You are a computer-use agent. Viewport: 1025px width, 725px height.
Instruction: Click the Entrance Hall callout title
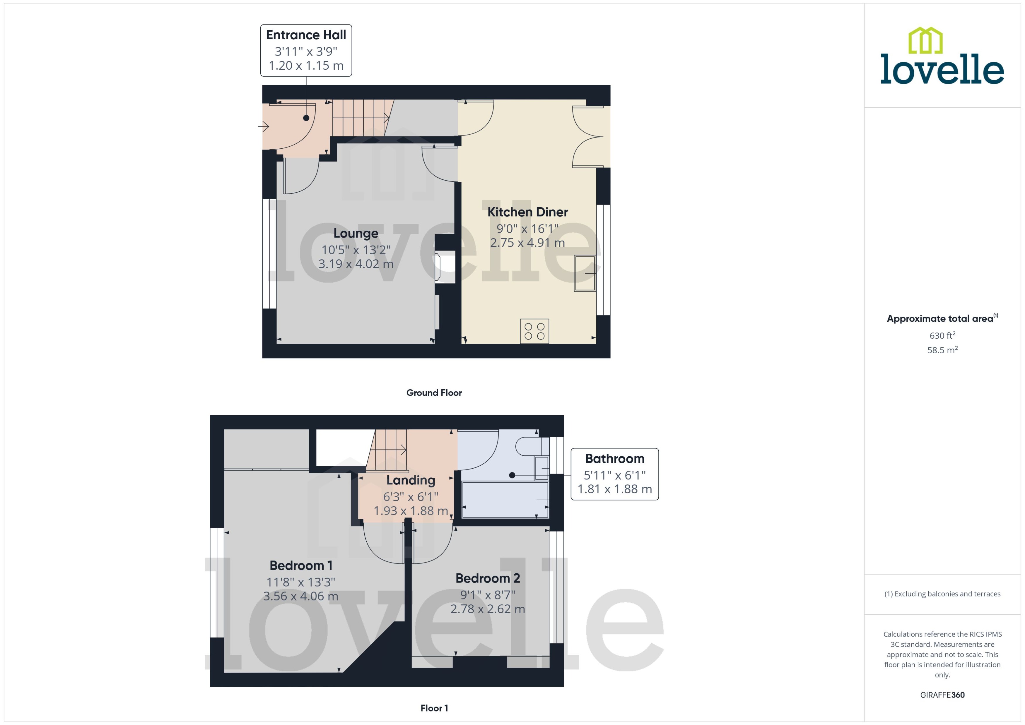[x=306, y=35]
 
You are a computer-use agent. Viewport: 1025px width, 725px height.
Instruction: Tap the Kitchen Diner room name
[x=527, y=212]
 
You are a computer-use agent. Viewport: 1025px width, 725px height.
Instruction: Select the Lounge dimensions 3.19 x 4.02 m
[x=356, y=264]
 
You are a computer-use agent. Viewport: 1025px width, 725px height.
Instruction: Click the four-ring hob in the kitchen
[x=534, y=331]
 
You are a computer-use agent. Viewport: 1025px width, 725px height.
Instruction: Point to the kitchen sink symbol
[x=585, y=273]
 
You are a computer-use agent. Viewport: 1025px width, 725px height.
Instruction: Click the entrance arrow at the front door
[x=264, y=127]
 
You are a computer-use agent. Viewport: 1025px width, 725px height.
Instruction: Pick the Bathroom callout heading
[x=614, y=458]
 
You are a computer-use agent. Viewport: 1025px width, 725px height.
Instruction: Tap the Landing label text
[x=411, y=480]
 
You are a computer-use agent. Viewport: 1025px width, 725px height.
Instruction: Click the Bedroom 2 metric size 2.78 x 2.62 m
[x=487, y=609]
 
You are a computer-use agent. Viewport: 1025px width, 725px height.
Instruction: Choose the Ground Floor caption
[x=434, y=393]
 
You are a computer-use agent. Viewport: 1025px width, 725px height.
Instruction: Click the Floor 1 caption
[x=434, y=708]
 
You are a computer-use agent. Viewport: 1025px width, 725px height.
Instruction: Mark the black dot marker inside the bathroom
[x=512, y=475]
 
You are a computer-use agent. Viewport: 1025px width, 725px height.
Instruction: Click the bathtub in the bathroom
[x=505, y=500]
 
